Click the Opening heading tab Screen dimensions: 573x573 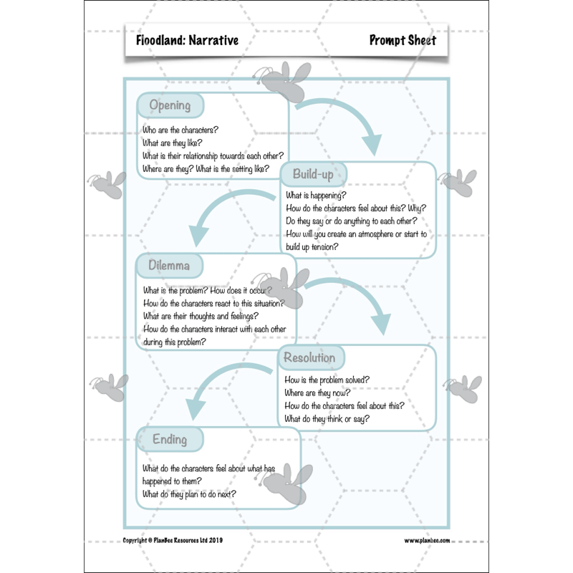point(170,106)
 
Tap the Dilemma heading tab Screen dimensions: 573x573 point(170,266)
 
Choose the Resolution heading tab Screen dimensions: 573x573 point(309,357)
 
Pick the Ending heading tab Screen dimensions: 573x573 point(170,439)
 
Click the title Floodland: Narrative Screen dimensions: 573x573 point(187,40)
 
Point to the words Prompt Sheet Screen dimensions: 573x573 point(403,40)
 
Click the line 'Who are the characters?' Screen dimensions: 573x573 point(180,130)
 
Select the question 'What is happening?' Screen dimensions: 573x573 point(317,195)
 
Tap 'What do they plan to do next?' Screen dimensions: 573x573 point(189,494)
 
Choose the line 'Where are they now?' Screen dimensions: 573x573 point(317,393)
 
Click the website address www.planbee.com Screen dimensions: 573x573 point(427,541)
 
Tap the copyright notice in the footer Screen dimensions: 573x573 point(173,541)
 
